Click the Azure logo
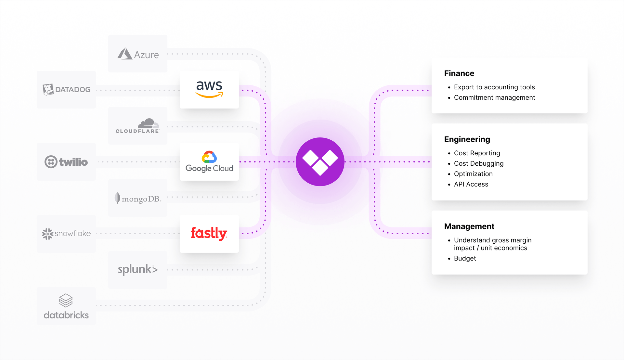[x=138, y=54]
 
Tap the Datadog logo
[x=66, y=89]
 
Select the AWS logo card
[x=209, y=89]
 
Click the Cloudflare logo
[x=138, y=126]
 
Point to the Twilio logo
[x=66, y=162]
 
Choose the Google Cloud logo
[x=209, y=162]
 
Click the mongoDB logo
[x=138, y=198]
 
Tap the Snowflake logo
[x=66, y=234]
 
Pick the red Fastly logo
[x=209, y=234]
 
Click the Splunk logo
[x=138, y=269]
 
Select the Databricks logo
[x=66, y=306]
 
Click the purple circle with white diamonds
[x=320, y=162]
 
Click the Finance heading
[x=459, y=73]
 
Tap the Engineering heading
[x=467, y=139]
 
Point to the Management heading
[x=469, y=226]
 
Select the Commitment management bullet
[x=494, y=97]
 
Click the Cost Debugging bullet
[x=479, y=163]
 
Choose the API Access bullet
[x=471, y=184]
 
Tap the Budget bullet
[x=465, y=258]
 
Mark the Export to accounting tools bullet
[x=494, y=87]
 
